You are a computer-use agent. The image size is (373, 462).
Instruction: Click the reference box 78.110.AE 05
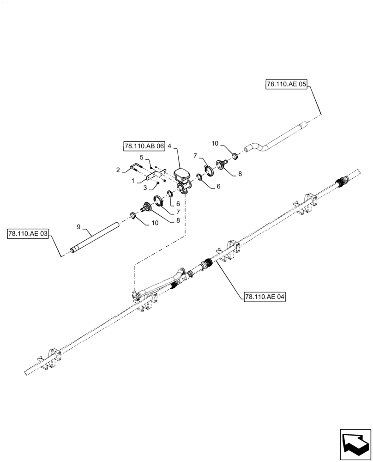pos(286,85)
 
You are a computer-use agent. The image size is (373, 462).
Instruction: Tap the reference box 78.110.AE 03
pos(28,234)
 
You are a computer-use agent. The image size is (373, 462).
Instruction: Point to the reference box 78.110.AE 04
pos(263,297)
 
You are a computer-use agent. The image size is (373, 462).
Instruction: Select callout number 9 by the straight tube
pos(78,227)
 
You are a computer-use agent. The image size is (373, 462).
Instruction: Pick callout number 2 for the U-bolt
pos(118,170)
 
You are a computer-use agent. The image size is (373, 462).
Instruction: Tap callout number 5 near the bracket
pos(142,157)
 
